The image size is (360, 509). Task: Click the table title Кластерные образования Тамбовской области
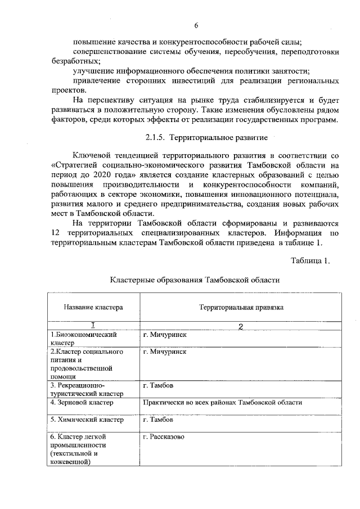(195, 279)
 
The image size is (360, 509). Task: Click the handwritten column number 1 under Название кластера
(93, 325)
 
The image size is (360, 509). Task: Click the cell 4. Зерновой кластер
(82, 403)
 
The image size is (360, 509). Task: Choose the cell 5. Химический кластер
(86, 420)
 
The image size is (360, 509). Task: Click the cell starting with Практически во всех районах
(223, 403)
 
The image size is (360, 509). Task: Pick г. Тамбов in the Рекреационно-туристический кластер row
(159, 386)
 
